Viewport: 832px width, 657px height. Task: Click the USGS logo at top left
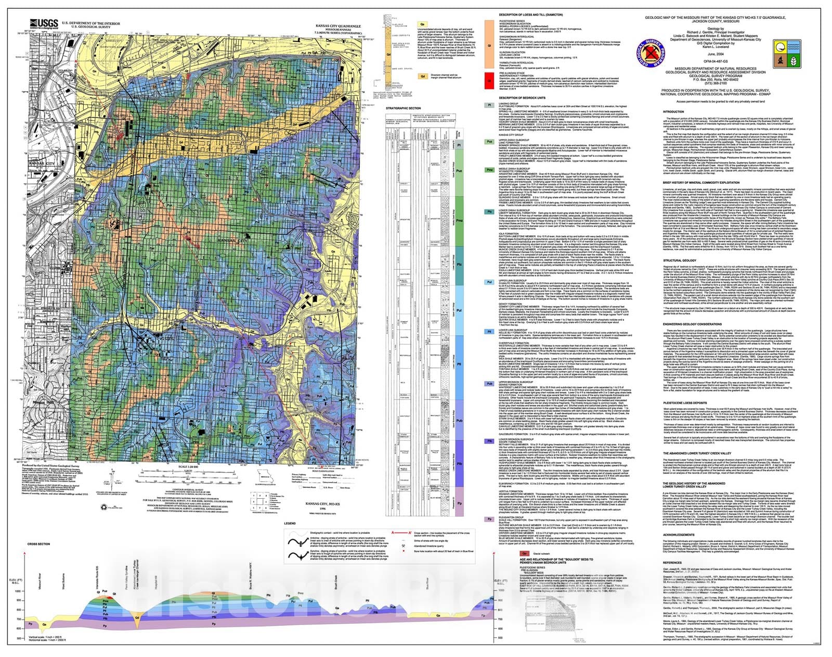(x=44, y=24)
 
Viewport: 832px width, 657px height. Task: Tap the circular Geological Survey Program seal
(x=649, y=54)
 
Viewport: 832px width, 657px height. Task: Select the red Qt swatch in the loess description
(x=489, y=81)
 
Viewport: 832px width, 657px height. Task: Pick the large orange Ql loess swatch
(x=489, y=45)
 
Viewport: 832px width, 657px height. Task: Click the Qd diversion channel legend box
(x=423, y=76)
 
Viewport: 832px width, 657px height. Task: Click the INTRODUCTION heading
(x=673, y=111)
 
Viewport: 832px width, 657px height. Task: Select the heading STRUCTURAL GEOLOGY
(x=679, y=260)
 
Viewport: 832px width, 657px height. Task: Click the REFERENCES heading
(x=672, y=562)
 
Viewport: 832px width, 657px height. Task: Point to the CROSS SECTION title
(x=38, y=544)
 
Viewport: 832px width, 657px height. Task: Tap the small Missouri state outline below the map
(x=267, y=477)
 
